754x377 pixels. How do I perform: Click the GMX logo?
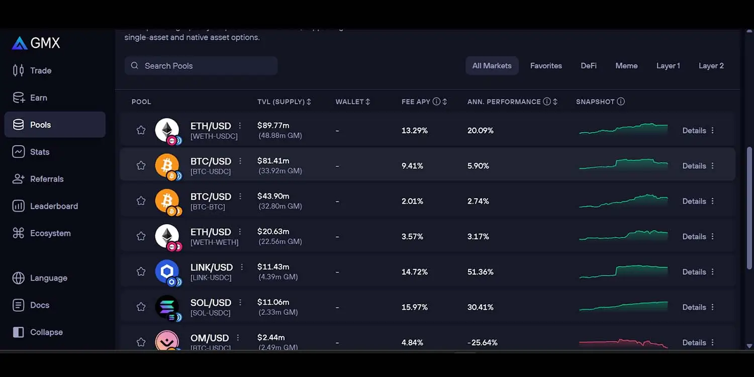point(36,43)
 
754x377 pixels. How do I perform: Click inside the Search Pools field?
point(201,66)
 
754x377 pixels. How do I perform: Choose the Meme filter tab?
point(626,66)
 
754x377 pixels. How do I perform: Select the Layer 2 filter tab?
point(711,66)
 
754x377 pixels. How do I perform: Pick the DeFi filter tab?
point(589,66)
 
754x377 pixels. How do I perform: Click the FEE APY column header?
point(416,102)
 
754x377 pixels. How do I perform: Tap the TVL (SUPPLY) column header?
point(281,102)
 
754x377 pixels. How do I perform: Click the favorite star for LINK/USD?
point(141,271)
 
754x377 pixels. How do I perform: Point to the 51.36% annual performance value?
point(481,272)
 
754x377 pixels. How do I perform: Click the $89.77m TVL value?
point(273,126)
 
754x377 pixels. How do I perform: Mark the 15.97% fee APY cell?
point(415,307)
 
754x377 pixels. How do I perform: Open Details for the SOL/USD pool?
point(694,307)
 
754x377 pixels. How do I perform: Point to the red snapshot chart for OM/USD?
point(623,343)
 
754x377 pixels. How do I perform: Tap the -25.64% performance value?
point(482,343)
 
